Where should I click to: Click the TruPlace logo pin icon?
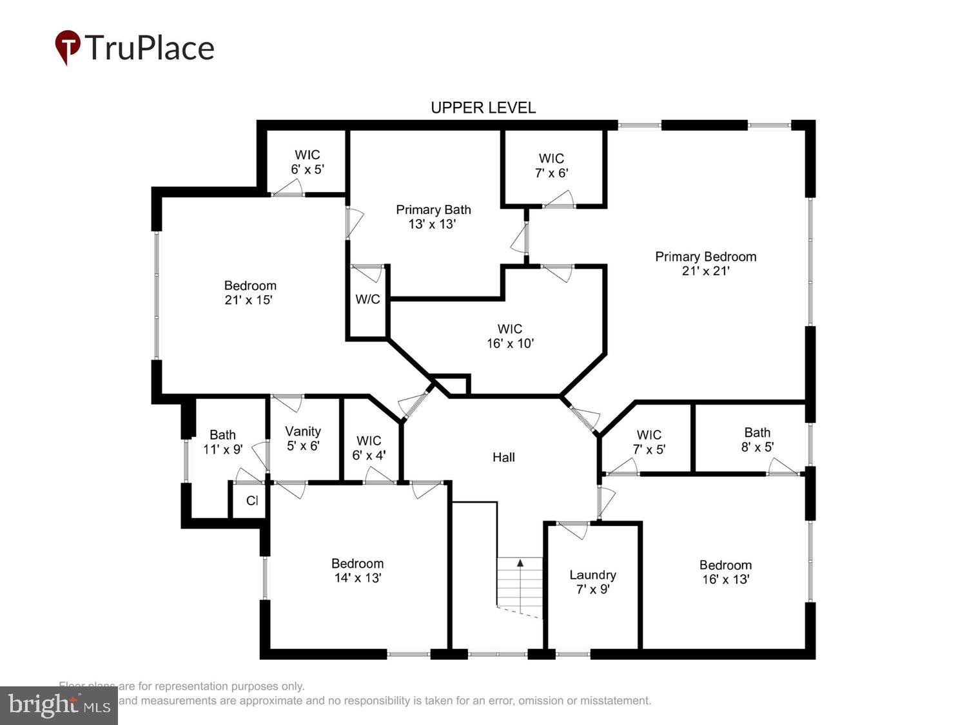click(x=67, y=47)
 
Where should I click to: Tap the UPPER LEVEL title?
click(x=483, y=108)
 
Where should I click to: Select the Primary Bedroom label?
click(x=705, y=264)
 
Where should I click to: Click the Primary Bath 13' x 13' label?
click(x=433, y=217)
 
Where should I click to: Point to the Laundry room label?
click(x=592, y=582)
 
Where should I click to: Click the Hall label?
click(x=503, y=457)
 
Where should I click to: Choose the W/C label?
click(x=367, y=299)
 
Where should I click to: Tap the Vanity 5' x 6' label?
click(x=303, y=438)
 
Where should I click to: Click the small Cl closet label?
click(x=252, y=501)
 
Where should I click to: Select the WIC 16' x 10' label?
click(x=510, y=336)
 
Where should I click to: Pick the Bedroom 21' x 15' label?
click(x=250, y=293)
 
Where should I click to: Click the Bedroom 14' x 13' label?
click(x=357, y=570)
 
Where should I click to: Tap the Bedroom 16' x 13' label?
click(x=725, y=572)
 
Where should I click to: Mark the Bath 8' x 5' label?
click(x=757, y=440)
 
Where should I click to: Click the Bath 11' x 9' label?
click(x=222, y=442)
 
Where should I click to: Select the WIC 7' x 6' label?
click(x=551, y=166)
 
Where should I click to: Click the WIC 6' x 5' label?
click(x=308, y=162)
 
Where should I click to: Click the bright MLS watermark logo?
click(x=59, y=705)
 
